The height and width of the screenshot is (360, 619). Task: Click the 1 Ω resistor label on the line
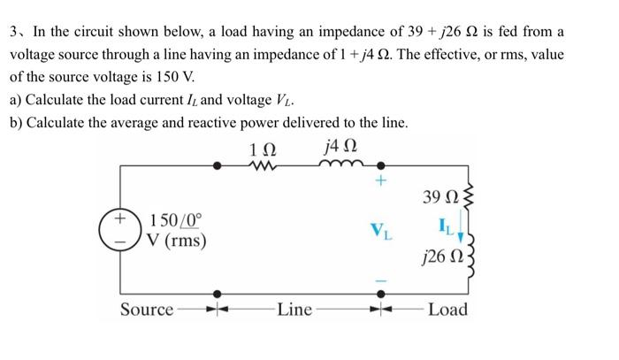[x=262, y=145]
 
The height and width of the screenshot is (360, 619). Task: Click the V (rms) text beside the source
[x=178, y=240]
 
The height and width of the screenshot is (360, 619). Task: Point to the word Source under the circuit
[x=147, y=310]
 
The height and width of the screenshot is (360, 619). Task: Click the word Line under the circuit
[x=294, y=310]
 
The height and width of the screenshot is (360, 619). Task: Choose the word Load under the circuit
[x=447, y=310]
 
